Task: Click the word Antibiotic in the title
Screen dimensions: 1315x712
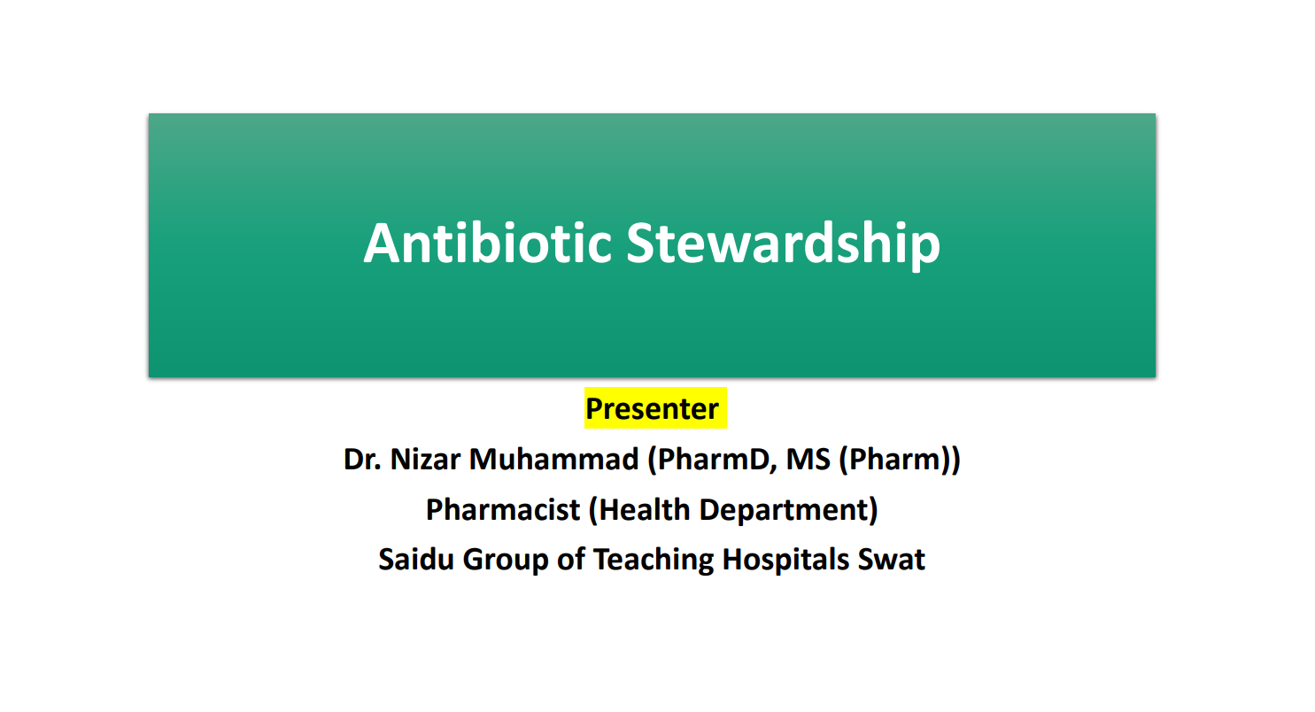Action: point(488,243)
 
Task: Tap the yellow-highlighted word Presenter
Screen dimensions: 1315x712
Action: point(653,408)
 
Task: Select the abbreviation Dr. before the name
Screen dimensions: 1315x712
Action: point(362,459)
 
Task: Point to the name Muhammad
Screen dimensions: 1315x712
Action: point(553,459)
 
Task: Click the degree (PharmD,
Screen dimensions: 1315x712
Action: point(712,460)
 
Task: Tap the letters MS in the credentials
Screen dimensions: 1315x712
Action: point(808,459)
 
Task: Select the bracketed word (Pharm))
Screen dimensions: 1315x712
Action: point(900,460)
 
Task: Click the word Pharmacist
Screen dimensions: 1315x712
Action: point(503,509)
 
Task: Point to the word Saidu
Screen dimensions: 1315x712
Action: point(416,560)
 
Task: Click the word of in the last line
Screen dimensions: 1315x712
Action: point(571,560)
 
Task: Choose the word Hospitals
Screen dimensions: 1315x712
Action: point(785,561)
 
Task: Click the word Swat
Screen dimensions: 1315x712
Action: point(892,560)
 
